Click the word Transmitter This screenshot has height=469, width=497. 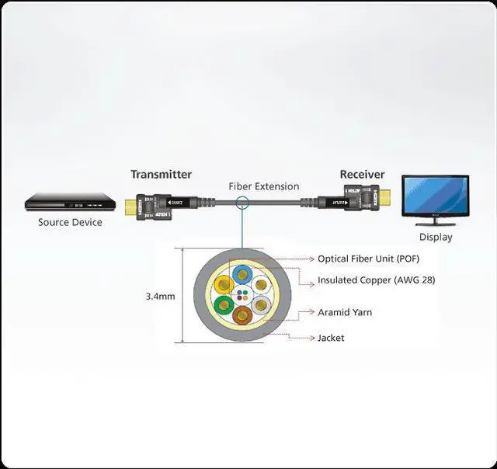(161, 175)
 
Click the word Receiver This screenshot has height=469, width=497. (362, 175)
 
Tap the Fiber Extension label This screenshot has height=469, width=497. (263, 186)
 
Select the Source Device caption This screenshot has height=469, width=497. (70, 222)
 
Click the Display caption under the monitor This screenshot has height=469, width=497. (435, 237)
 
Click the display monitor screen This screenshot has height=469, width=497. (434, 195)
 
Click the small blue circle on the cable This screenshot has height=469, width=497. (242, 204)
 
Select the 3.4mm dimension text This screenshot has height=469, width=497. (160, 296)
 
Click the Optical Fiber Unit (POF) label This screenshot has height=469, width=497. (368, 259)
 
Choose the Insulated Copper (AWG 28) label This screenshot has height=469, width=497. (376, 280)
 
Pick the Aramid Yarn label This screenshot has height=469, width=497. (345, 312)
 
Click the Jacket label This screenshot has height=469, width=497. (331, 338)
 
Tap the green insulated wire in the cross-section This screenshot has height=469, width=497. (224, 304)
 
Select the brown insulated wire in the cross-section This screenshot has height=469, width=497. (243, 315)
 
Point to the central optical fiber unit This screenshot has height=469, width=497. (242, 294)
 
